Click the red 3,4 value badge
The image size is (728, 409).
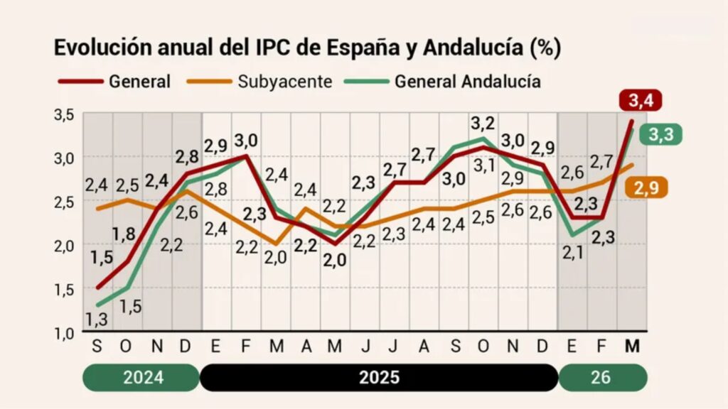pos(641,100)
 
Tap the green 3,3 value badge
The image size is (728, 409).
pos(660,133)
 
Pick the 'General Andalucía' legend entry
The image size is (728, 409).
pos(442,81)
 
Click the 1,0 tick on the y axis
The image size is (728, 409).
pos(64,332)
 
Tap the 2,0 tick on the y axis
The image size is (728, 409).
pos(64,245)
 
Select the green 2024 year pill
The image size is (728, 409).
pos(144,376)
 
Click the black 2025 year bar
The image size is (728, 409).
pos(379,376)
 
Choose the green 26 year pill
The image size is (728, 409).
pos(601,376)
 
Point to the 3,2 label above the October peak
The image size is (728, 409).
pos(483,124)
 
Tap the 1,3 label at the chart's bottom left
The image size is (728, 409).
pos(97,319)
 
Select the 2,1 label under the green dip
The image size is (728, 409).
pos(572,252)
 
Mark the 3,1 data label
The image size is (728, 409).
pos(484,167)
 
